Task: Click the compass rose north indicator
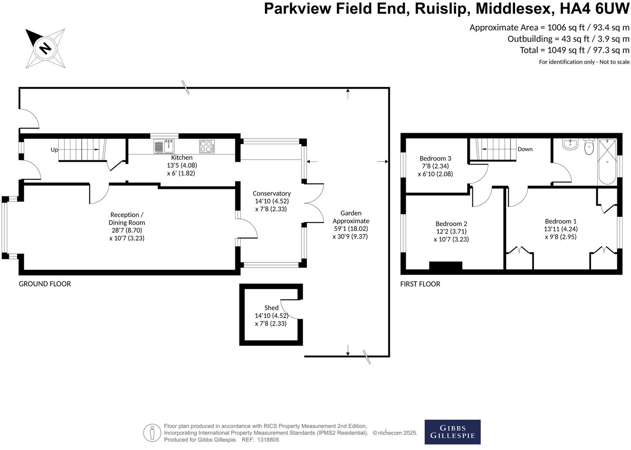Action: point(45,48)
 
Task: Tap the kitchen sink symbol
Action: point(164,146)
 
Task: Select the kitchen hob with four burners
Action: point(207,146)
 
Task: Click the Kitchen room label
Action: point(182,158)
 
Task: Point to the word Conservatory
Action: point(272,193)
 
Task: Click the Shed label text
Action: point(271,308)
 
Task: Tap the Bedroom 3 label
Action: point(435,158)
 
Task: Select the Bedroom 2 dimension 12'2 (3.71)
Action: point(451,232)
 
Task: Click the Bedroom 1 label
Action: point(560,221)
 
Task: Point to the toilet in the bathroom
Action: point(589,147)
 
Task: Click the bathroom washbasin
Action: point(571,144)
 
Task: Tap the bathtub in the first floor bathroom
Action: point(607,162)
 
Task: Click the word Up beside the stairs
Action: point(54,150)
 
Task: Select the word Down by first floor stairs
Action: point(525,149)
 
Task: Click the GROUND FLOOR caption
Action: point(45,284)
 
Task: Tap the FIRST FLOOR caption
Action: point(420,284)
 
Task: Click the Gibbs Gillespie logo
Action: point(452,432)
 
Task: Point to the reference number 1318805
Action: point(268,440)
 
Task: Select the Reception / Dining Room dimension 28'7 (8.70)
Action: point(127,230)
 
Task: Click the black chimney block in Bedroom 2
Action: point(445,266)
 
